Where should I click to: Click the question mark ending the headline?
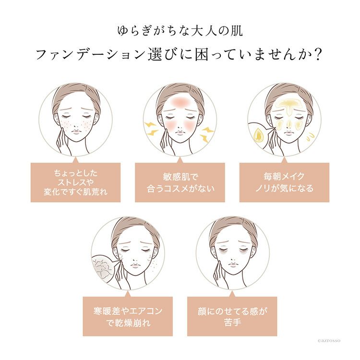pyautogui.click(x=318, y=55)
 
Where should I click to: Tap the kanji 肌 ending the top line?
pyautogui.click(x=236, y=31)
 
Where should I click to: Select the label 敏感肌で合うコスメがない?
pyautogui.click(x=180, y=182)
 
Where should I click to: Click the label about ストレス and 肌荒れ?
pyautogui.click(x=75, y=182)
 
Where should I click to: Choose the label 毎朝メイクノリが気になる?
pyautogui.click(x=284, y=182)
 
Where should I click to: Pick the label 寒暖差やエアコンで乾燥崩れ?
pyautogui.click(x=128, y=316)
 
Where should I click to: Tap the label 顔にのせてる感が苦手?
pyautogui.click(x=232, y=316)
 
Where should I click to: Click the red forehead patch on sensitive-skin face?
pyautogui.click(x=180, y=100)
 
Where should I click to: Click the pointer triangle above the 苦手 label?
pyautogui.click(x=232, y=294)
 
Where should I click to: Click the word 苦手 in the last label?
pyautogui.click(x=232, y=323)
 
